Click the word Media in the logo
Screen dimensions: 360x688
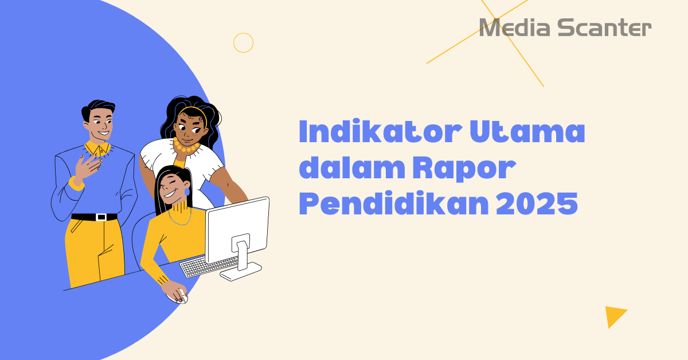tap(505, 28)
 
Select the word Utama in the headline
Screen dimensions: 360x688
tap(527, 133)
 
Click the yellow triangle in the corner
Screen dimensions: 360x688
tap(614, 315)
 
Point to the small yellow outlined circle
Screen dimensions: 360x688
tap(243, 42)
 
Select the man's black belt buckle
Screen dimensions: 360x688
tap(101, 217)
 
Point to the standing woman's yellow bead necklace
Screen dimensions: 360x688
tap(186, 148)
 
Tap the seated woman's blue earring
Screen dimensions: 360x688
tap(187, 191)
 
